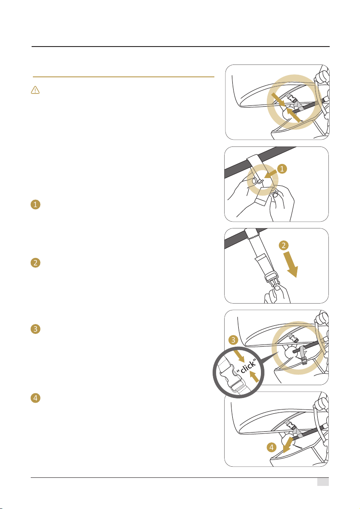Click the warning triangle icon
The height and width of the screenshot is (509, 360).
click(x=35, y=90)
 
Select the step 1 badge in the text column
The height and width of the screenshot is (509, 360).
click(x=35, y=205)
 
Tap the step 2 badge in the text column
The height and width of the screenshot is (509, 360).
click(x=35, y=262)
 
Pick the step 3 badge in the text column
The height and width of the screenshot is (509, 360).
click(x=35, y=329)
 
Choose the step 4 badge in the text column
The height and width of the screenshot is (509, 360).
click(x=35, y=398)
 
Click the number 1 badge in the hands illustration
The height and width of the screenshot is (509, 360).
click(x=282, y=169)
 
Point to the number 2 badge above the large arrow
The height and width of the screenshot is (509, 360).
click(x=284, y=245)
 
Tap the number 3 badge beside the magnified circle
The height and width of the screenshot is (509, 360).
click(x=233, y=340)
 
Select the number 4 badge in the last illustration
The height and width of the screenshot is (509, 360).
click(x=271, y=448)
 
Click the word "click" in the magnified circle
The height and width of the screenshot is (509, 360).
click(x=247, y=367)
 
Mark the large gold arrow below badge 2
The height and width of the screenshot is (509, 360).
click(x=290, y=265)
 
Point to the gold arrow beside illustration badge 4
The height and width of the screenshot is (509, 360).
click(x=287, y=445)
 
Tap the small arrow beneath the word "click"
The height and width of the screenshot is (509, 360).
click(x=255, y=377)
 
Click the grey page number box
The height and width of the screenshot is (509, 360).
click(x=323, y=482)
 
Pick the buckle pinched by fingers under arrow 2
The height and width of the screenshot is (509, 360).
click(x=273, y=279)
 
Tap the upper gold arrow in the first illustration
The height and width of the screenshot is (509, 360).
click(x=278, y=100)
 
